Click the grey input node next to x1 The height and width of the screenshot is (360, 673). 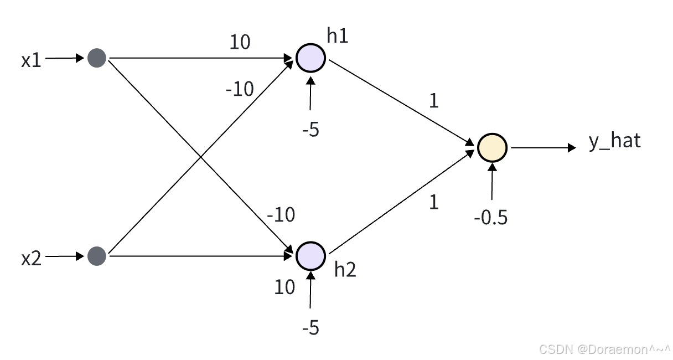[x=97, y=58]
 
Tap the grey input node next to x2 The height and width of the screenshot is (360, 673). [x=97, y=256]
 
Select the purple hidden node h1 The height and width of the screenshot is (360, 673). [x=310, y=58]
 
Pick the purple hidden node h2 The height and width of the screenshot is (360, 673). [x=310, y=255]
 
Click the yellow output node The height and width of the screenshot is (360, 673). [x=492, y=148]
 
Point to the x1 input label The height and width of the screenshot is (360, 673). [x=32, y=60]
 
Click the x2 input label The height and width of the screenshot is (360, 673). [x=32, y=258]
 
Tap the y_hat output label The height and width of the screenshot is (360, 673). [x=614, y=141]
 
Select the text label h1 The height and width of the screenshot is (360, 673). [x=337, y=36]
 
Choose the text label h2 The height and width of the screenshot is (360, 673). [x=345, y=270]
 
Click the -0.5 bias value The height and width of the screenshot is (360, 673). [x=490, y=218]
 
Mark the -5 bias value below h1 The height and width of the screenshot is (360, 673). [x=310, y=131]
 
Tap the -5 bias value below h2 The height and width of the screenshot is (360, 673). [x=310, y=328]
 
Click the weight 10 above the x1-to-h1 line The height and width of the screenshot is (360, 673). [x=240, y=42]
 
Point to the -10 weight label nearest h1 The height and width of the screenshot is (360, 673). [x=240, y=89]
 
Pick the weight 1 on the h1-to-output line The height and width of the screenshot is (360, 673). [x=434, y=101]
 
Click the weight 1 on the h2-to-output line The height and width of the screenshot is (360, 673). [x=434, y=202]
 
